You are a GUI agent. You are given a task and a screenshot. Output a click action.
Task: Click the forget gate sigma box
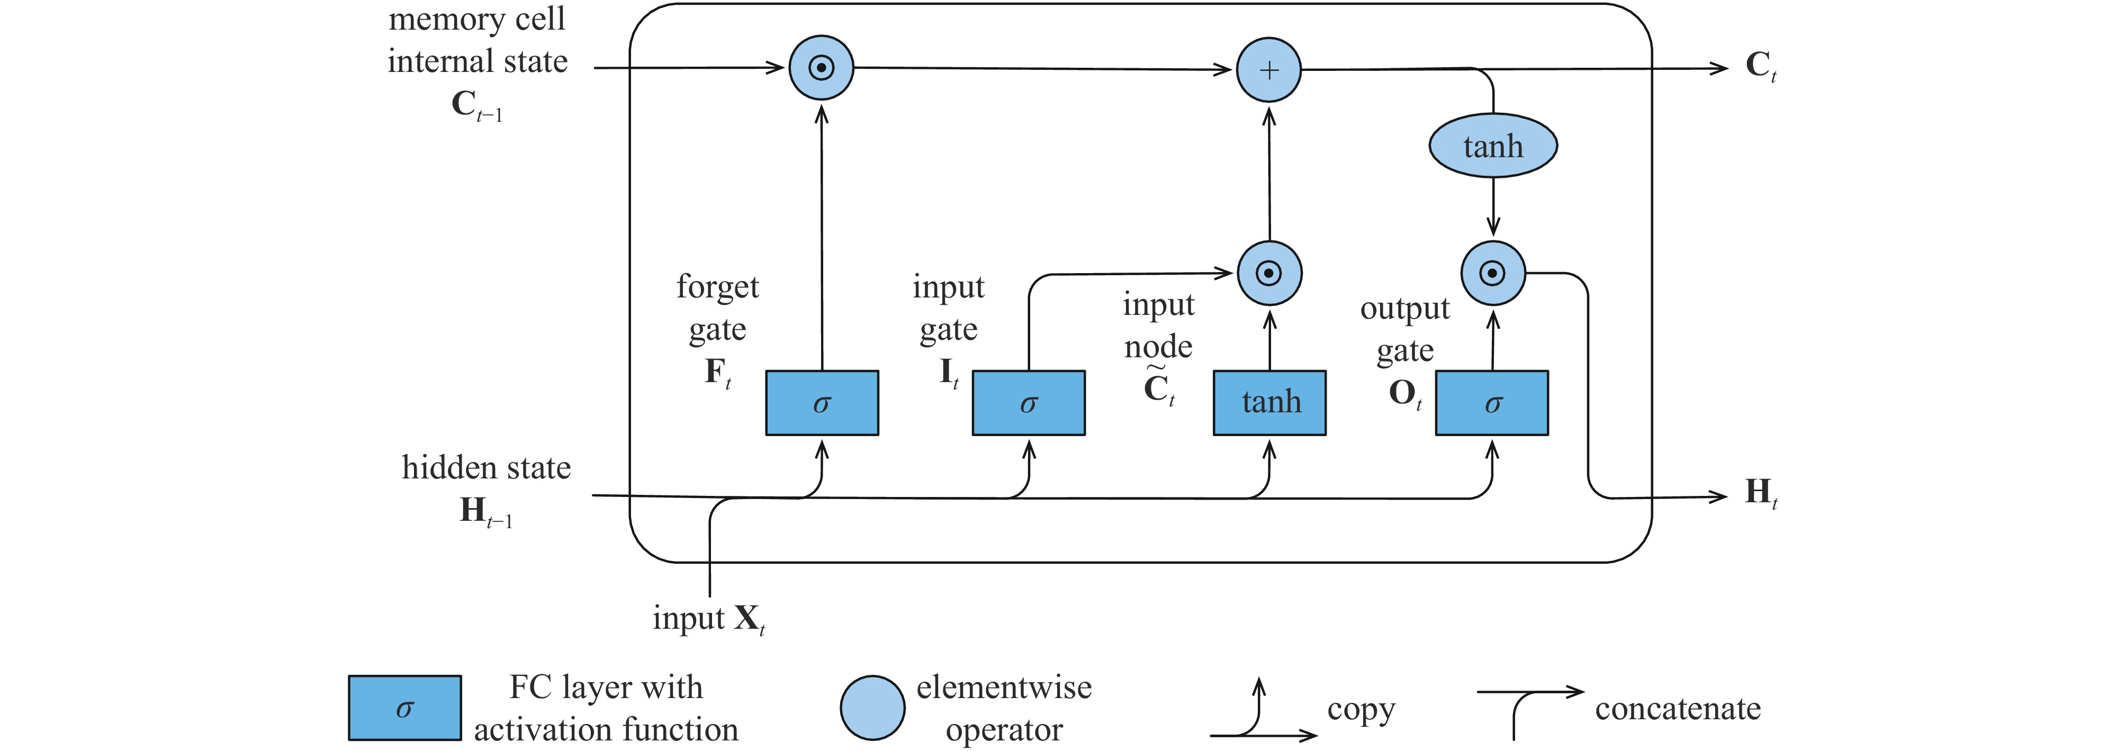tap(822, 403)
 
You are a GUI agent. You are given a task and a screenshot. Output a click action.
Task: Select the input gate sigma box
tap(1029, 403)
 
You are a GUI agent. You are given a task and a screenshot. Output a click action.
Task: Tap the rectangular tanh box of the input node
tap(1269, 403)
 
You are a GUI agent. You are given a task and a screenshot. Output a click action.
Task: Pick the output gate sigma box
tap(1492, 403)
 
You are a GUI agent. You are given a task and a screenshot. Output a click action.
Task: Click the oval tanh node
tap(1493, 146)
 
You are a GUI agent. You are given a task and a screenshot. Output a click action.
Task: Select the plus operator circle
tap(1268, 70)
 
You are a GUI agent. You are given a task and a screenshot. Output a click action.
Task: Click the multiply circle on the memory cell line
tap(821, 68)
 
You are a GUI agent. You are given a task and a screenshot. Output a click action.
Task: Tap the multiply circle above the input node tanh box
tap(1269, 273)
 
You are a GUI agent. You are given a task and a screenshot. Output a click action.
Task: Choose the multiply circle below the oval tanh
tap(1493, 273)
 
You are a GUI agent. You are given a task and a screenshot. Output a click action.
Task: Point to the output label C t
tap(1760, 65)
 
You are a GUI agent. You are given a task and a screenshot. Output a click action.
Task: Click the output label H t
tap(1760, 493)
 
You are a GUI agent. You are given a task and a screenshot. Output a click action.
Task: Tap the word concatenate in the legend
tap(1677, 708)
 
